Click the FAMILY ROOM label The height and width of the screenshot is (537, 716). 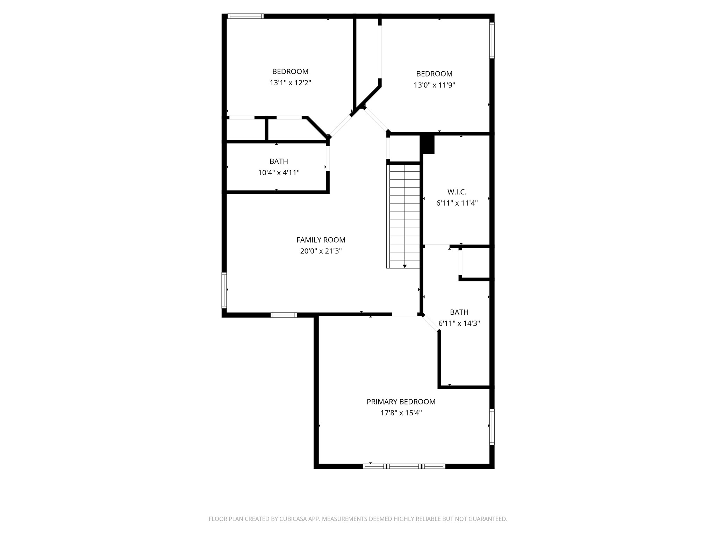321,240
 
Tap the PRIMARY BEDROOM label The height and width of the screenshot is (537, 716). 401,402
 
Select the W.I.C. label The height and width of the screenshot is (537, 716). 457,192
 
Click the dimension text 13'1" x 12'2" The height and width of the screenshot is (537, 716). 290,83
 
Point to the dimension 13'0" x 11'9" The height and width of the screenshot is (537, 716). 434,85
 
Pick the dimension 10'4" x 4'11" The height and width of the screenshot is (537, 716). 279,173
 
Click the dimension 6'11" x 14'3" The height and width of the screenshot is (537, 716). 459,323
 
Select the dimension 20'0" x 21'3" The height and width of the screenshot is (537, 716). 321,251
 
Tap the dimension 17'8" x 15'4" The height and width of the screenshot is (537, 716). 401,413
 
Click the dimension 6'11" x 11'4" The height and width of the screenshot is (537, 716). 457,203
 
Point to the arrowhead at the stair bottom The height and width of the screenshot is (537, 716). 404,266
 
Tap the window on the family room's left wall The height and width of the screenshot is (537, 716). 224,290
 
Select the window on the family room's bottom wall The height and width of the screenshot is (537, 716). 284,315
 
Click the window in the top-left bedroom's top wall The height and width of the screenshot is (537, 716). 245,16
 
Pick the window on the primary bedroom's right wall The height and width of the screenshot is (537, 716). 492,427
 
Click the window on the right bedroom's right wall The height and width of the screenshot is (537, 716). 492,40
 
